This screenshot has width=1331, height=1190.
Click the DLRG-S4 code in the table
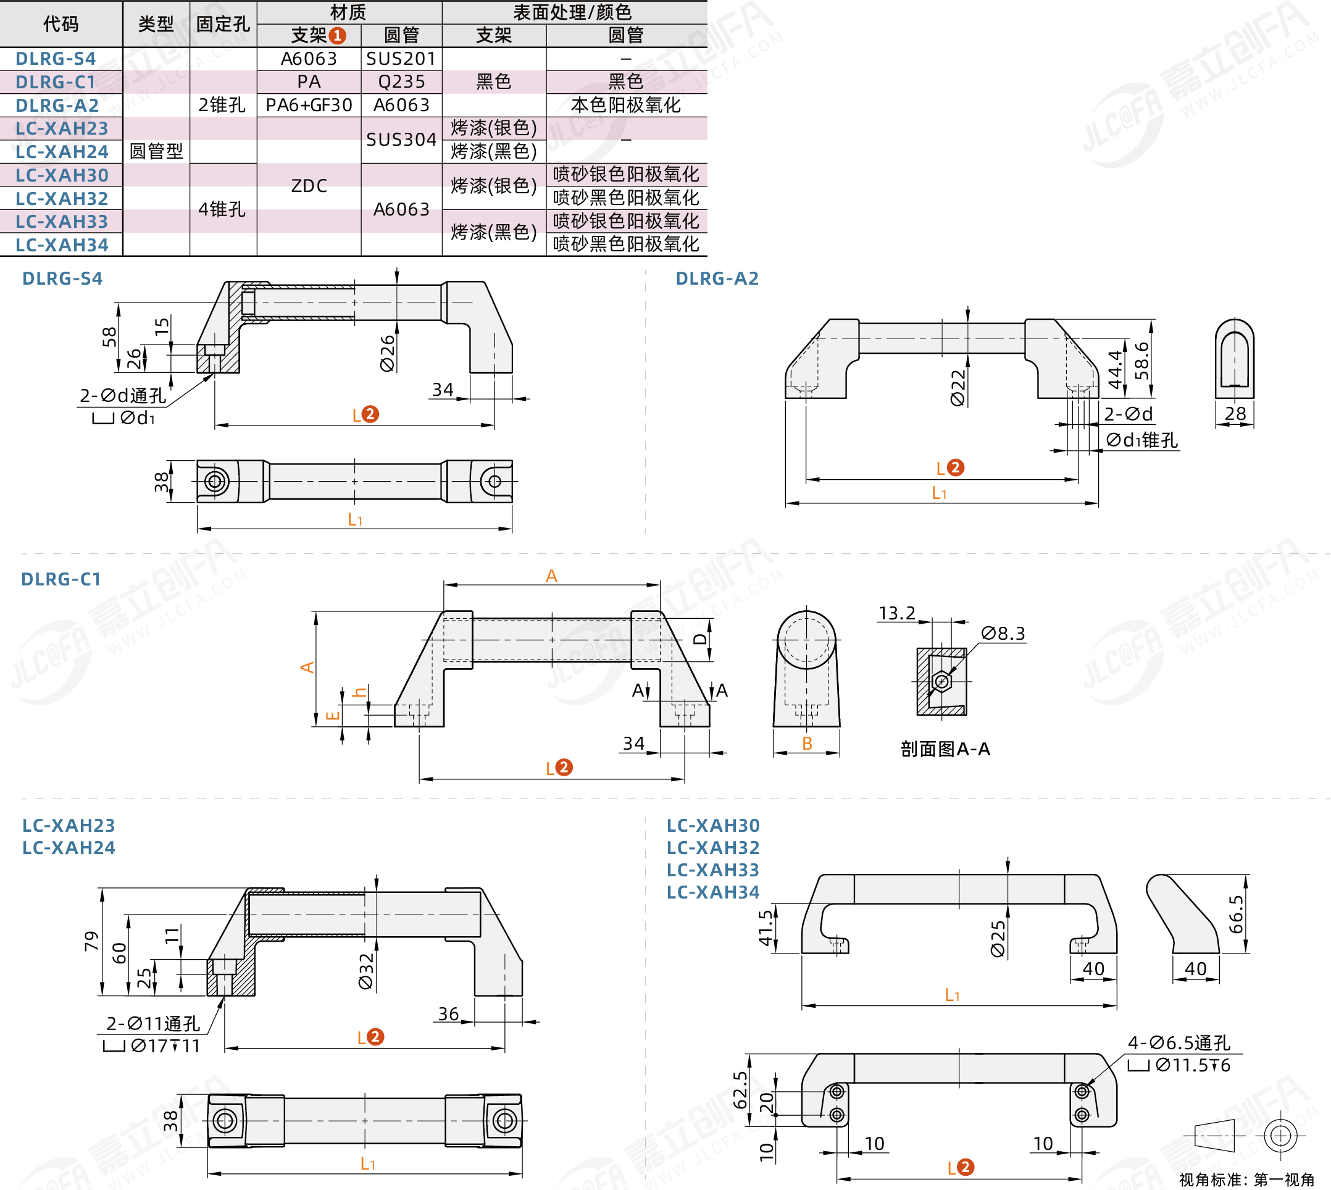tap(56, 59)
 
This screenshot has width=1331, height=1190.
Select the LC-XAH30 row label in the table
tap(62, 175)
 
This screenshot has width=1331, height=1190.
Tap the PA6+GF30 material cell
tap(309, 105)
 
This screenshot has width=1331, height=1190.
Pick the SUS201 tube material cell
tap(401, 59)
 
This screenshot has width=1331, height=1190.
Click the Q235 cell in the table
tap(401, 82)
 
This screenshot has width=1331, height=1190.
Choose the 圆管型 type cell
tap(156, 152)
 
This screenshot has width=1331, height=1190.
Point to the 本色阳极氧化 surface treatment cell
tap(625, 105)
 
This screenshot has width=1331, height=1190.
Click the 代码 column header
tap(60, 24)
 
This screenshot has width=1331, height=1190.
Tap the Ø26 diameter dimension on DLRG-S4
tap(388, 353)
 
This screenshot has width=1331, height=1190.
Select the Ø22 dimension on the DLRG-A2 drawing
tap(958, 388)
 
